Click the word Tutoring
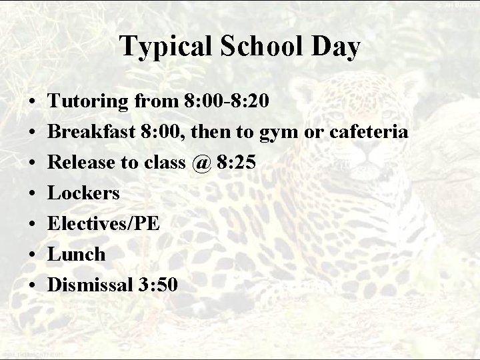[x=90, y=101]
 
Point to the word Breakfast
[x=92, y=131]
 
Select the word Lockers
[x=85, y=193]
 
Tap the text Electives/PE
[x=105, y=223]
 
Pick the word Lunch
[x=77, y=254]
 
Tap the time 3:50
[x=157, y=285]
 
